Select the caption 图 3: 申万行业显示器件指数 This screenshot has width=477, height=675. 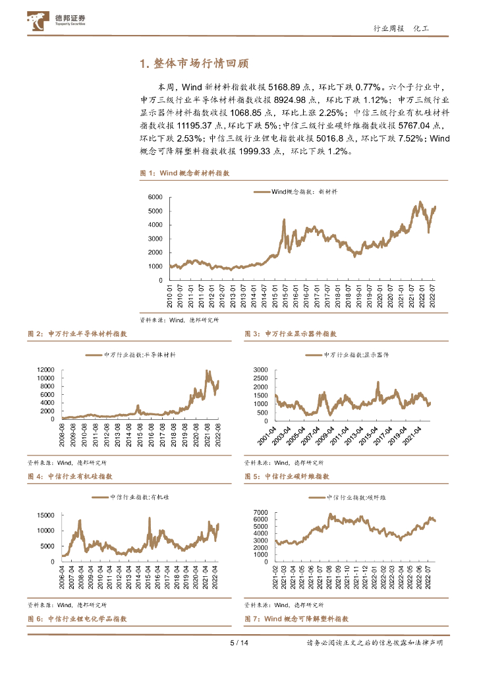291,334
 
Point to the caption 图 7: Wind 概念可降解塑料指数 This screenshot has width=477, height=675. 296,619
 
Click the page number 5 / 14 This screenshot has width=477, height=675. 238,643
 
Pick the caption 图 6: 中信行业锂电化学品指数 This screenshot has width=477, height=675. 77,619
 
